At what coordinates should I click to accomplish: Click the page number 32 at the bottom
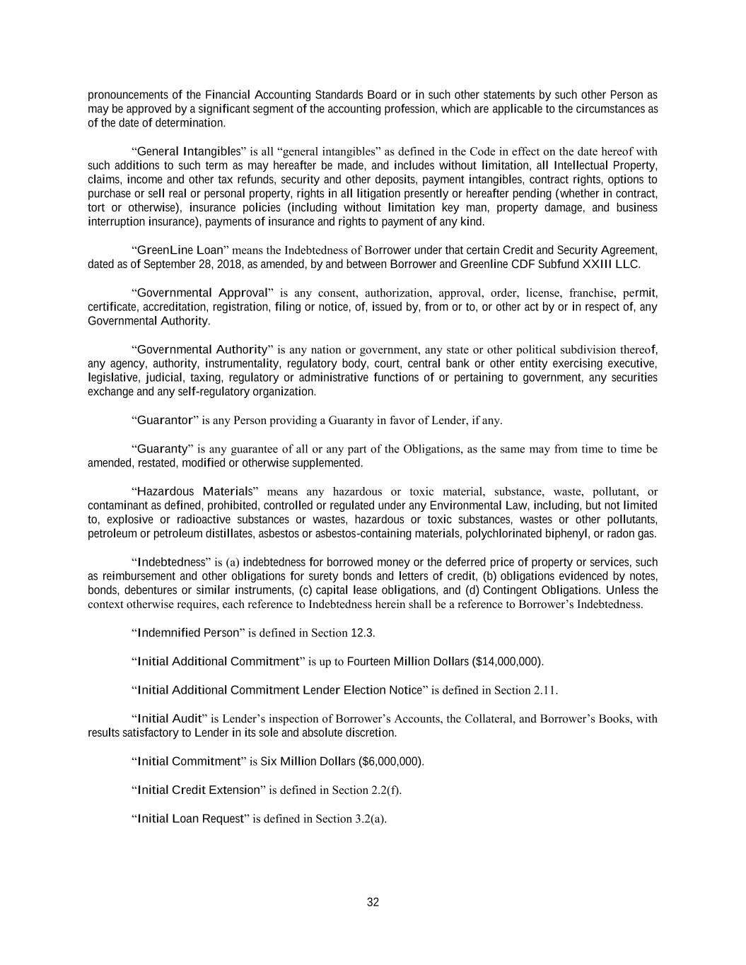373,902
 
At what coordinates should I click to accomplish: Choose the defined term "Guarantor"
165,421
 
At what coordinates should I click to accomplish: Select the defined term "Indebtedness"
170,563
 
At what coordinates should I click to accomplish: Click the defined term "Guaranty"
162,449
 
